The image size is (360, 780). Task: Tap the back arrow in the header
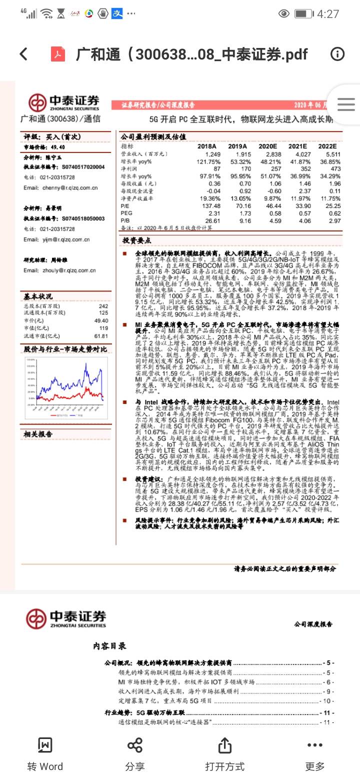(23, 54)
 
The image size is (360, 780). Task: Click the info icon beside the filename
(337, 54)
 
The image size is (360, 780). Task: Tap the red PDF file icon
(58, 54)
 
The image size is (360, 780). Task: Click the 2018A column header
(207, 146)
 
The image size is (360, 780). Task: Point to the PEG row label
(127, 213)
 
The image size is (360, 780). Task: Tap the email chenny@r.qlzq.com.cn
(60, 188)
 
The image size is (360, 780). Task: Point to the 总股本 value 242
(103, 306)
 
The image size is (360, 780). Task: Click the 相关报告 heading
(38, 434)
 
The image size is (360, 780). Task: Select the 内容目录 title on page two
(109, 646)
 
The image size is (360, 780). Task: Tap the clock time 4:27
(328, 14)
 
